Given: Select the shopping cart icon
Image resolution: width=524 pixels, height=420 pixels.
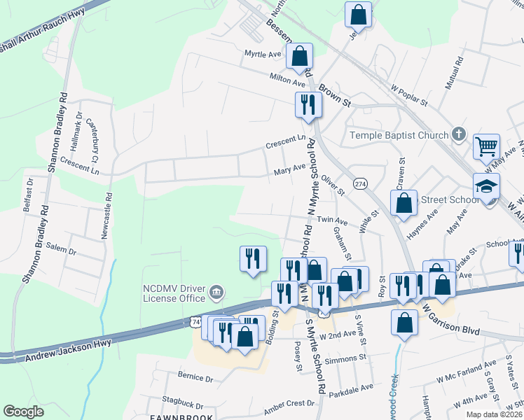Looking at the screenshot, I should pyautogui.click(x=486, y=146).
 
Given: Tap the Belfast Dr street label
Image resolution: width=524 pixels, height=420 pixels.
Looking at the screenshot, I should pyautogui.click(x=29, y=194).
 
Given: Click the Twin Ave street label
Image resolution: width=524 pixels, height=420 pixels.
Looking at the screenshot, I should pyautogui.click(x=333, y=220).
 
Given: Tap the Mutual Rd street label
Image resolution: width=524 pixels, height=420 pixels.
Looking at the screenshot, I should pyautogui.click(x=453, y=74).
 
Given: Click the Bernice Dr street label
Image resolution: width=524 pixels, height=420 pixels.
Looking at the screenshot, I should pyautogui.click(x=195, y=377).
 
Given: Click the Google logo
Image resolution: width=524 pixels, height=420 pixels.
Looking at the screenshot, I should pyautogui.click(x=24, y=412).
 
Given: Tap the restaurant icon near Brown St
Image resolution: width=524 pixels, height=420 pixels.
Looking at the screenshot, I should pyautogui.click(x=308, y=104).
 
